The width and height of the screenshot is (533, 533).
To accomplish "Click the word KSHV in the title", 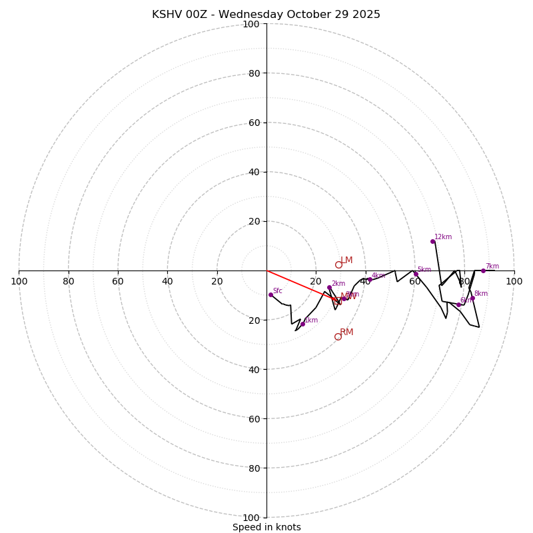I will (167, 15).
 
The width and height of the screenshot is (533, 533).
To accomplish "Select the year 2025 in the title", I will (365, 15).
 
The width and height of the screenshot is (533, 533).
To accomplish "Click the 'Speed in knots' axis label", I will (266, 527).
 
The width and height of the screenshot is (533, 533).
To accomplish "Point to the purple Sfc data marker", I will (270, 294).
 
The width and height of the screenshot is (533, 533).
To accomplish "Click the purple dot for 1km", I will (302, 324).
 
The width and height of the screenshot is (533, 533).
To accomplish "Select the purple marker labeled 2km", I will (329, 287).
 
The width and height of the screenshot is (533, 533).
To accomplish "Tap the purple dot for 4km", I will (369, 279).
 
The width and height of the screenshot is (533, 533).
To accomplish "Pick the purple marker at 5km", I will (416, 274).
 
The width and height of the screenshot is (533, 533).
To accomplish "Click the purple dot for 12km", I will (432, 241).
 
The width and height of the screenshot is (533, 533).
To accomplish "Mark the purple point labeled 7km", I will (483, 270).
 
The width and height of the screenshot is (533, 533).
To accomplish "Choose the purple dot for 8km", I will (472, 298).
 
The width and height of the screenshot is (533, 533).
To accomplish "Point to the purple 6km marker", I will (458, 304).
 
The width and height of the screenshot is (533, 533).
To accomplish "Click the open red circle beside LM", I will (338, 265).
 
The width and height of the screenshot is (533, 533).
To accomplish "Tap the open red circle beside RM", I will (338, 336).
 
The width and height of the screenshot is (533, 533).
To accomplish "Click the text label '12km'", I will (443, 237).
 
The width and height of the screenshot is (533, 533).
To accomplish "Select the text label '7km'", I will (492, 266).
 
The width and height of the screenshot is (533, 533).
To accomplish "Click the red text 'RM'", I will (346, 332).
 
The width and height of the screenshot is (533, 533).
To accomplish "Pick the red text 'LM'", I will (346, 261).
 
